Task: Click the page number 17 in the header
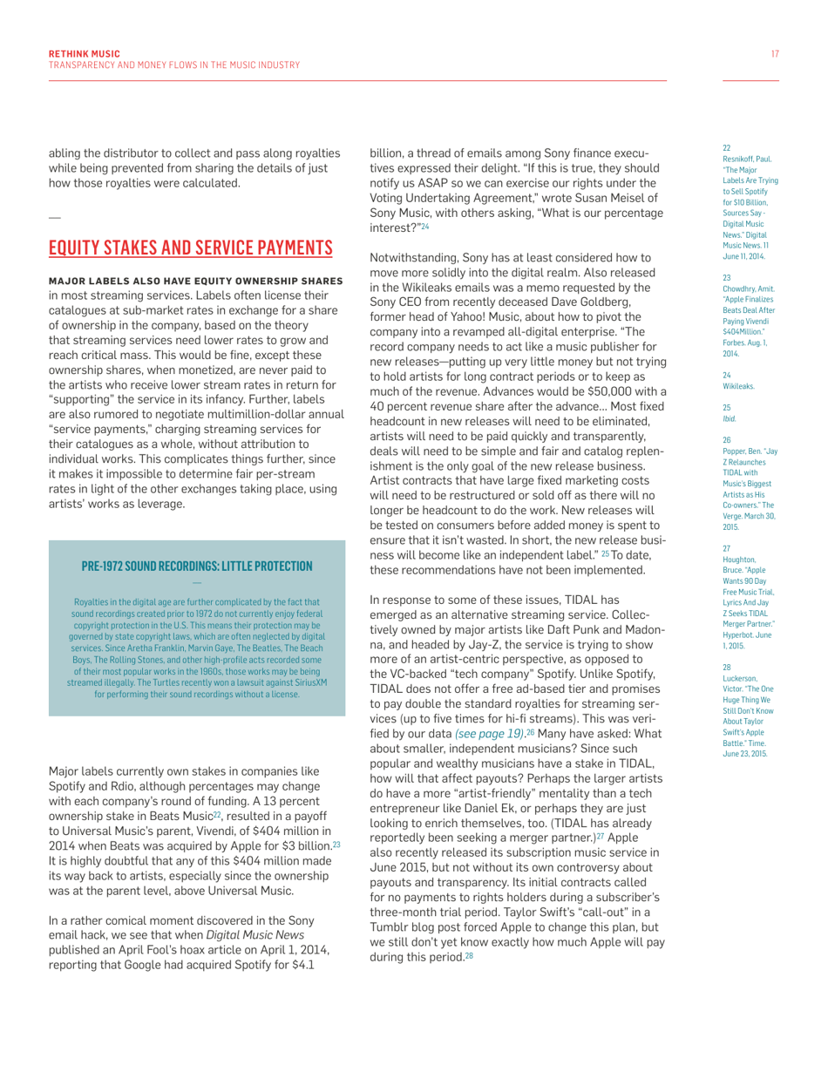click(775, 54)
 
